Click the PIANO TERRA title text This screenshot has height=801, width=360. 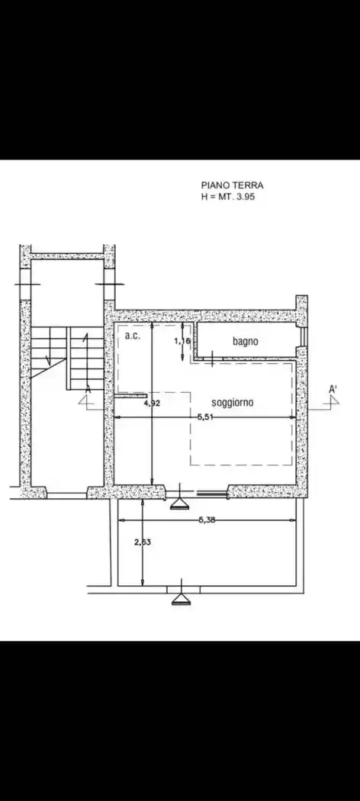click(x=233, y=185)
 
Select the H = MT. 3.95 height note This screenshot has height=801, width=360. click(x=228, y=197)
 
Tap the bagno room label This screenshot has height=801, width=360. click(x=246, y=341)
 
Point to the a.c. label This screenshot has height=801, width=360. click(x=132, y=336)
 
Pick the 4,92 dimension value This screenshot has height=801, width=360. click(x=153, y=403)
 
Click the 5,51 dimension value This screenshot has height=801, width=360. click(x=205, y=417)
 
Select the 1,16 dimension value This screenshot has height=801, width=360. click(x=182, y=341)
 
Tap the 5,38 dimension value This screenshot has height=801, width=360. click(x=206, y=520)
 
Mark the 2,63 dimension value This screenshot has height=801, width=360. click(x=143, y=542)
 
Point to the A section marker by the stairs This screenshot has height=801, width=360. click(x=88, y=390)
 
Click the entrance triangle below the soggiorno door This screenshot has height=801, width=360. click(x=179, y=504)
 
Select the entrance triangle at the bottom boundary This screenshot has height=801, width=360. click(x=180, y=600)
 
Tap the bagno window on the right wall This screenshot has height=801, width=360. click(x=304, y=336)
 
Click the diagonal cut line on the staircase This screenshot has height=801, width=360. click(x=48, y=368)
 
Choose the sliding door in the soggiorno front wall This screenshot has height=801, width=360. click(x=212, y=494)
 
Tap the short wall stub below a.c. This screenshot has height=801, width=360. click(x=130, y=395)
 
